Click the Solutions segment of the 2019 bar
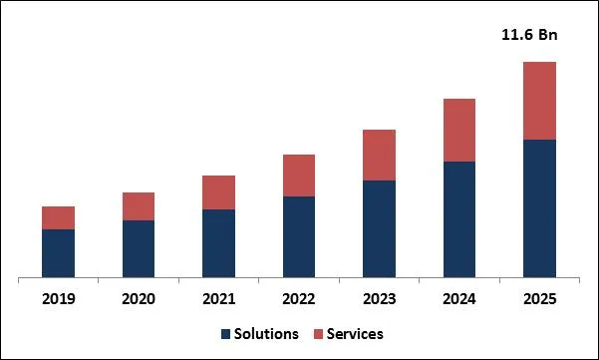point(58,252)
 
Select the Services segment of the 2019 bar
point(58,217)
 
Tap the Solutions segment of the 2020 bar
point(139,248)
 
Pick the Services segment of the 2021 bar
point(218,192)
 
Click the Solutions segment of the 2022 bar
point(299,236)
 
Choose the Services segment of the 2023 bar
point(379,155)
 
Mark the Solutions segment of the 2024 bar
point(459,218)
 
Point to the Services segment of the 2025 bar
point(539,101)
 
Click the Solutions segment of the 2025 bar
point(539,207)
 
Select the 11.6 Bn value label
point(528,36)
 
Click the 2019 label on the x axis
point(58,298)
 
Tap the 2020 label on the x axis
point(139,298)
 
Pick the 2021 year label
point(218,298)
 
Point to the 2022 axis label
point(299,298)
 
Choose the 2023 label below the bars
point(379,298)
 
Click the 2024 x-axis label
point(459,298)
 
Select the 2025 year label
point(539,298)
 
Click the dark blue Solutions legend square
point(226,334)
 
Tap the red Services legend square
point(320,334)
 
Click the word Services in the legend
point(356,334)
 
